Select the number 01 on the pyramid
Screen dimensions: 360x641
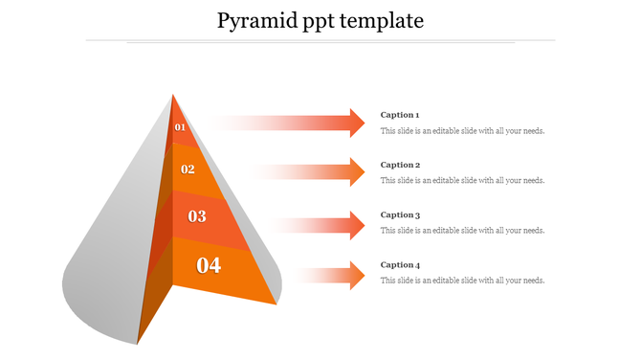pos(180,127)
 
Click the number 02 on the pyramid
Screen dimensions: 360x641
pos(188,169)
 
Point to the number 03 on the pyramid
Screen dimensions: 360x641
pos(197,216)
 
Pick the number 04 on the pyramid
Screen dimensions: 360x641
pos(209,265)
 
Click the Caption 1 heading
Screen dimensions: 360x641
pos(400,115)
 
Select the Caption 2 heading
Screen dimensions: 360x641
pos(400,165)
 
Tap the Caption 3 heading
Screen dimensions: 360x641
pos(400,215)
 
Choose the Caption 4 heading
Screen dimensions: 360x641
pos(400,265)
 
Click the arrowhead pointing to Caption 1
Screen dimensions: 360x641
pos(356,123)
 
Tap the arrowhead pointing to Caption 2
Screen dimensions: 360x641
pos(356,172)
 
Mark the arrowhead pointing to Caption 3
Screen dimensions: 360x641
pos(356,226)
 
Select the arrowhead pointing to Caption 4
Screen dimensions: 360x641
pos(356,276)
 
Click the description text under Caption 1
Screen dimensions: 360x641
pos(462,131)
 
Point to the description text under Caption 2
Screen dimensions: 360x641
pos(462,180)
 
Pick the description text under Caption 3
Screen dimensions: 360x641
pos(462,231)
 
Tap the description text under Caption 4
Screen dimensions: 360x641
pos(462,281)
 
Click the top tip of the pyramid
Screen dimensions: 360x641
pos(172,95)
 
